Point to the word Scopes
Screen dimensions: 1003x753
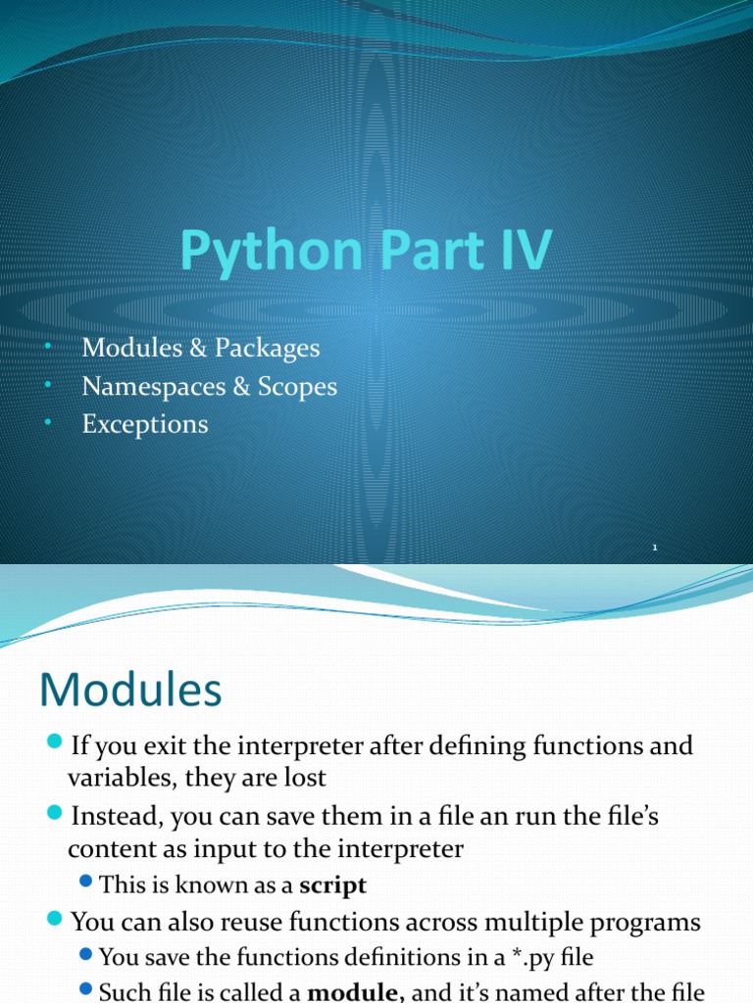click(x=297, y=387)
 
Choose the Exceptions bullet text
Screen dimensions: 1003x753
click(x=145, y=424)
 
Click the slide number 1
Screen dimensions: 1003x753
click(x=654, y=549)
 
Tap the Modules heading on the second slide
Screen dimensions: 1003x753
click(x=130, y=692)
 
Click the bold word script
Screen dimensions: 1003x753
click(x=332, y=885)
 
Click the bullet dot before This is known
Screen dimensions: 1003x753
click(x=86, y=884)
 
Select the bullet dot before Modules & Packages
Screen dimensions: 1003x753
click(x=49, y=348)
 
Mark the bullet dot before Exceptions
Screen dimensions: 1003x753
click(x=49, y=424)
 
